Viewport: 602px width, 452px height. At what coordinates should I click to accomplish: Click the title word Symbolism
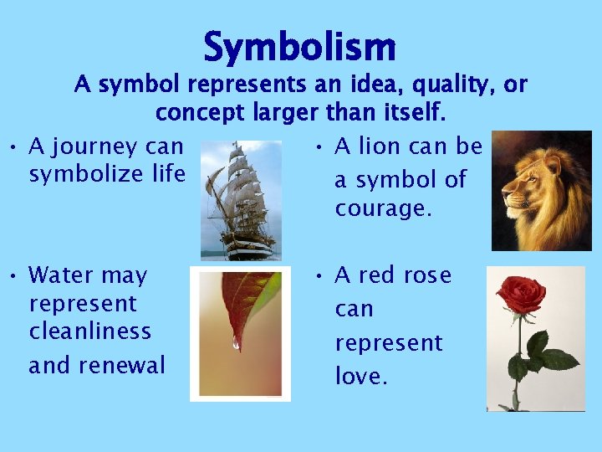point(299,47)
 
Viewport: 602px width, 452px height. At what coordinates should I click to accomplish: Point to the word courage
point(384,208)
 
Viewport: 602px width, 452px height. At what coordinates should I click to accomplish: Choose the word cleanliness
point(89,331)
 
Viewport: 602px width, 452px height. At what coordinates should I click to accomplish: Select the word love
point(361,377)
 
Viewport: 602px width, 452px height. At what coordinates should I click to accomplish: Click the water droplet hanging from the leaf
point(236,344)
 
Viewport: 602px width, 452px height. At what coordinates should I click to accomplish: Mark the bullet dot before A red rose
point(320,276)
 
